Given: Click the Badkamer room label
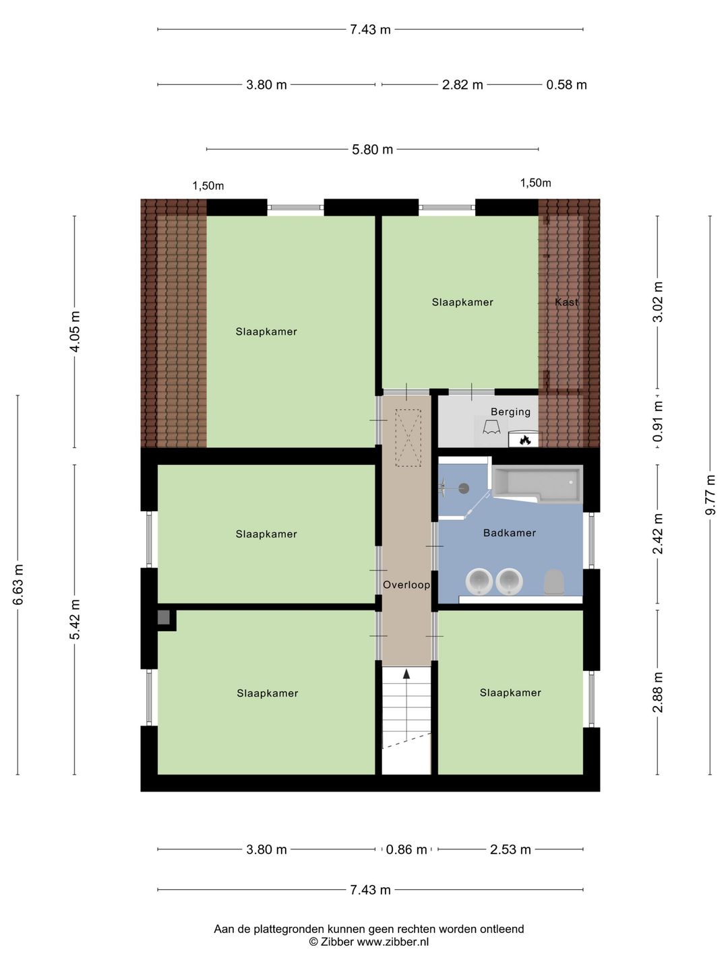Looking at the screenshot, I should point(510,533).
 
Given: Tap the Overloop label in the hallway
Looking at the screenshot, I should point(406,585).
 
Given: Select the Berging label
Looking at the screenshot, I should point(510,412).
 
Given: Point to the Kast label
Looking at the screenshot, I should point(566,302).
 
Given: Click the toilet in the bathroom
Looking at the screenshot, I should point(553,582).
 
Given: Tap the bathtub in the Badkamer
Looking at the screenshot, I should point(537,483).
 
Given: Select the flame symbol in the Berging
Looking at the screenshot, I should point(525,440).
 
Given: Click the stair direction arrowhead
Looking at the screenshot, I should point(406,673).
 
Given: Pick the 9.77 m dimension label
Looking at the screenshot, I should point(710,495).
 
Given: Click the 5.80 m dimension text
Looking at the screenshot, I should point(372,150).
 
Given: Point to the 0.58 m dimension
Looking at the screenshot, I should point(566,85).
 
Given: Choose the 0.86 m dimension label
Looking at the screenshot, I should point(406,849).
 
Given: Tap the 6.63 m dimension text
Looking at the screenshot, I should point(18,584).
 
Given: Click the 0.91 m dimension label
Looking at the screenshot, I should point(658,422).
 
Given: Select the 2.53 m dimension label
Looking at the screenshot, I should point(510,849).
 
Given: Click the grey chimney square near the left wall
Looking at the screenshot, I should point(164,617).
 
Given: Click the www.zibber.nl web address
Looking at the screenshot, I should point(392,942).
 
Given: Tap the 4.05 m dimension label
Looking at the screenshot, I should point(75,331).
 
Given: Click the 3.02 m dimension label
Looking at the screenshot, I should point(658,302).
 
